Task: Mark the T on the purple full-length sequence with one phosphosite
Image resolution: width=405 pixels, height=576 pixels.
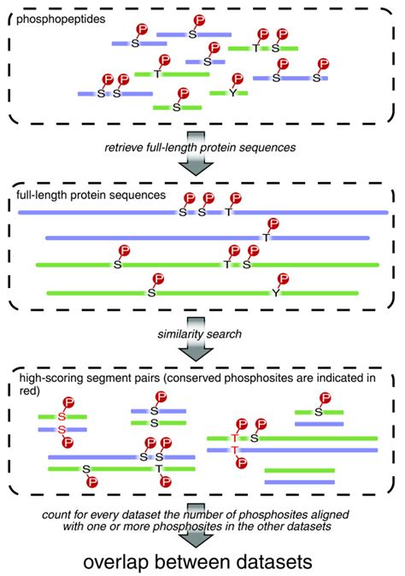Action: click(267, 237)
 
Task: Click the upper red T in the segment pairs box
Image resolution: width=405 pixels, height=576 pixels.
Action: click(233, 438)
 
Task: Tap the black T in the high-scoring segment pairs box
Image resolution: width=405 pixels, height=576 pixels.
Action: click(160, 468)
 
